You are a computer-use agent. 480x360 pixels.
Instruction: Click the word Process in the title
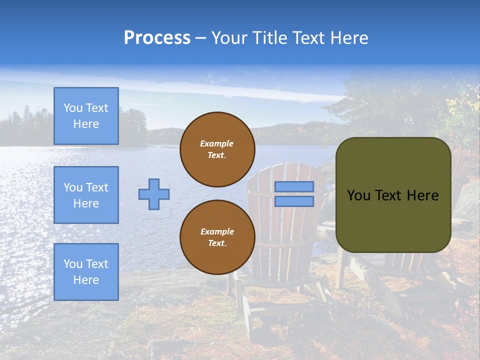pos(157,38)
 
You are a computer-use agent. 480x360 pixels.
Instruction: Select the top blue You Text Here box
pos(86,116)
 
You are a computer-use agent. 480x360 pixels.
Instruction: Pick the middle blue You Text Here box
pos(86,195)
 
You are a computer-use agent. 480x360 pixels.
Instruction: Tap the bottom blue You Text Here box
pos(86,271)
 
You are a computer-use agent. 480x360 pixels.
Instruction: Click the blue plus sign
pos(154,194)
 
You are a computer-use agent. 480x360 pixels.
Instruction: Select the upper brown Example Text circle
pos(217,149)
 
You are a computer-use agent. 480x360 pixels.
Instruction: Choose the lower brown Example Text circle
pos(217,237)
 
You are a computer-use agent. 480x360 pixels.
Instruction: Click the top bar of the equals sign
pos(294,186)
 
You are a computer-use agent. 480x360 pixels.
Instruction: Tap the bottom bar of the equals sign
pos(294,201)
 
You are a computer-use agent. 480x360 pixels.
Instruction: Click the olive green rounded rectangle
pos(393,220)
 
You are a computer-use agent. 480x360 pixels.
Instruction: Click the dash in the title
pos(201,38)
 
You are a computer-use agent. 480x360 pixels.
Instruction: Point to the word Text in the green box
pos(391,195)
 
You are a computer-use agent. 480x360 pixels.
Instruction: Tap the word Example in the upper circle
pos(217,143)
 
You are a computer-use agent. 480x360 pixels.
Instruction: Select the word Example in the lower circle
pos(217,231)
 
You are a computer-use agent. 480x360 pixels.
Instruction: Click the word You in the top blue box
pos(72,108)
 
